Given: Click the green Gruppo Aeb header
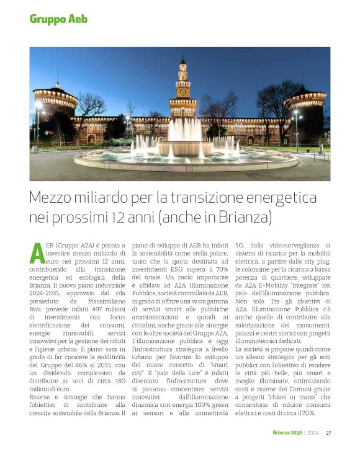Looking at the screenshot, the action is tap(58, 19).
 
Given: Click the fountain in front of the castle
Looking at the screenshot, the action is tap(185, 145).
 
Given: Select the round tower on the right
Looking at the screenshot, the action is tap(305, 112).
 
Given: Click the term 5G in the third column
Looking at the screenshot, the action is tap(240, 246).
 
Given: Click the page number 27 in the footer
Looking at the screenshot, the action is tap(328, 433).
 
